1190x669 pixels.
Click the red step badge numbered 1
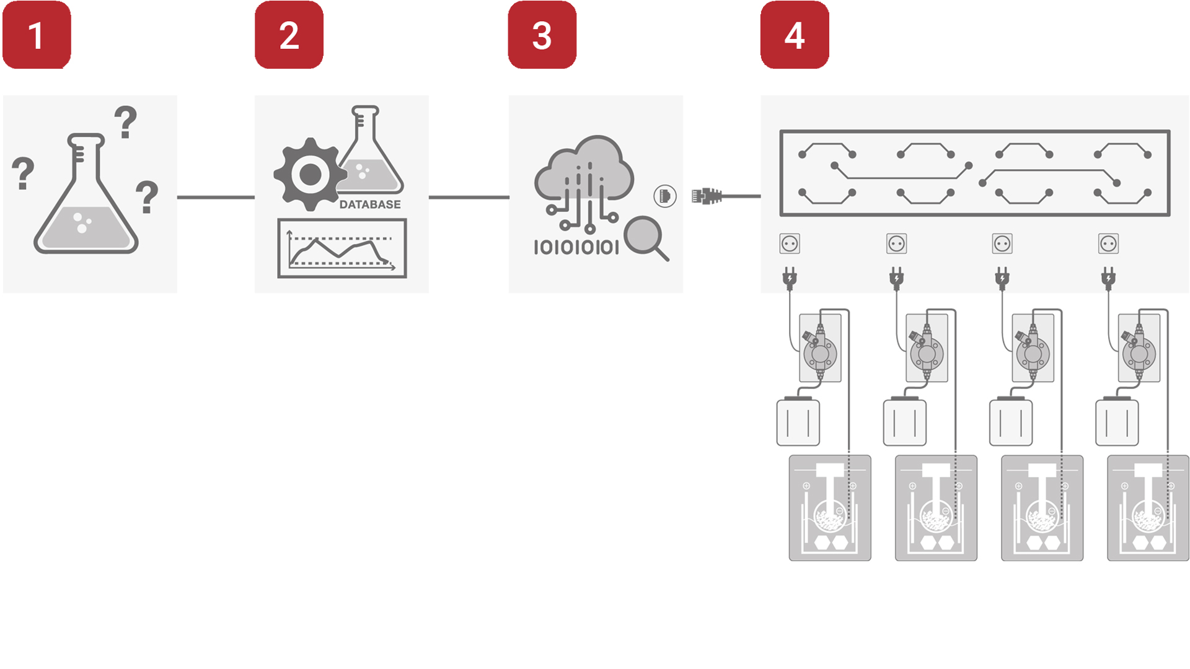pyautogui.click(x=37, y=35)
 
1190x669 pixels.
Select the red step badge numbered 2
pyautogui.click(x=289, y=35)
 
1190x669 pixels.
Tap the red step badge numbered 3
pyautogui.click(x=542, y=35)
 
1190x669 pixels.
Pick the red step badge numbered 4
pyautogui.click(x=795, y=35)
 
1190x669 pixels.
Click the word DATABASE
pyautogui.click(x=370, y=204)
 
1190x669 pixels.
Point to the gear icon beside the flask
pyautogui.click(x=309, y=175)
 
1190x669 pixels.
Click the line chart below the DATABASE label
pyautogui.click(x=342, y=248)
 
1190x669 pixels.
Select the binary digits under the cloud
pyautogui.click(x=576, y=248)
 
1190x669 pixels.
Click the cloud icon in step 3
pyautogui.click(x=583, y=180)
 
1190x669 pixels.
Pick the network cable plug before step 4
pyautogui.click(x=707, y=196)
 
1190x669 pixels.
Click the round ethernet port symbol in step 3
pyautogui.click(x=665, y=196)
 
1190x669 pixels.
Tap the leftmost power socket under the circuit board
pyautogui.click(x=790, y=243)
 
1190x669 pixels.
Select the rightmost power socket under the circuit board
pyautogui.click(x=1108, y=243)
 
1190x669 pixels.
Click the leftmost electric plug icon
pyautogui.click(x=790, y=278)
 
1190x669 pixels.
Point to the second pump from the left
pyautogui.click(x=927, y=348)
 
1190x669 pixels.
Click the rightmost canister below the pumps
pyautogui.click(x=1117, y=421)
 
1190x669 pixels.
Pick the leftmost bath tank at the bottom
pyautogui.click(x=830, y=508)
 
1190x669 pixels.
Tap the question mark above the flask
pyautogui.click(x=126, y=122)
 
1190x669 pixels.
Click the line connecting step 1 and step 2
pyautogui.click(x=216, y=197)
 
